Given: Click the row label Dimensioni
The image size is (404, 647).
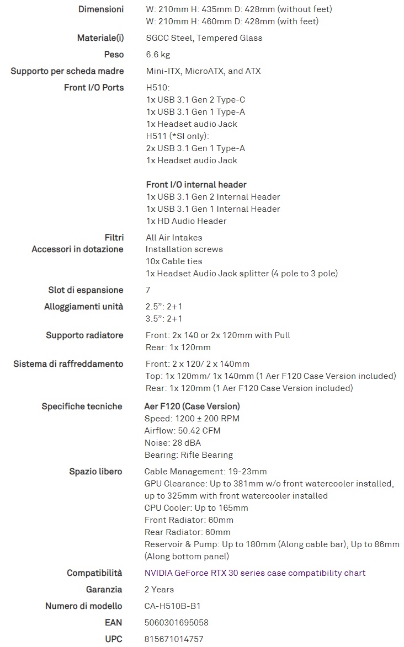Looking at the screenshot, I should click(x=101, y=9).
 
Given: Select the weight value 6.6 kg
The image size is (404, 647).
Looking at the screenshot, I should click(x=158, y=55).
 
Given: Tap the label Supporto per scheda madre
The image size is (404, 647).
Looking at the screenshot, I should click(x=67, y=71).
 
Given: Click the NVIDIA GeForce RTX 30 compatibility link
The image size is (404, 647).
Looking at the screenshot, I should click(x=254, y=573).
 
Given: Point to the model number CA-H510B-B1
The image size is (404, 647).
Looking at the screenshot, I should click(x=173, y=606).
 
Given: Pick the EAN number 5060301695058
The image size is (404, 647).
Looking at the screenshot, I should click(x=177, y=623).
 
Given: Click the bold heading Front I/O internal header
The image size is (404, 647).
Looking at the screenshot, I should click(x=196, y=185).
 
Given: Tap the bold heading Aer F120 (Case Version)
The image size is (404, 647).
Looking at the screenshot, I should click(x=192, y=407).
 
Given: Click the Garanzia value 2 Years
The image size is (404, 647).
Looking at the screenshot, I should click(x=159, y=590).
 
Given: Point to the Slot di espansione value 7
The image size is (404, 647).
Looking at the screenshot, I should click(x=147, y=290).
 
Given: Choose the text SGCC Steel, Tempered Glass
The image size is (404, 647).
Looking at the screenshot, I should click(x=204, y=38).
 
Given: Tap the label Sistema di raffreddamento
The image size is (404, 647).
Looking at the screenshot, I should click(x=68, y=364).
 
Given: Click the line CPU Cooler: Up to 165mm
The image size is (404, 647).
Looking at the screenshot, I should click(x=196, y=508).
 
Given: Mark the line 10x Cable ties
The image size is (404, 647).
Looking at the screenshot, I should click(x=174, y=261).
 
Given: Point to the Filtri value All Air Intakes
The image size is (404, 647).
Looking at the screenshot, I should click(x=174, y=238).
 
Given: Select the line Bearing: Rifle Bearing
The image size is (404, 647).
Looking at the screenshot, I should click(x=188, y=455).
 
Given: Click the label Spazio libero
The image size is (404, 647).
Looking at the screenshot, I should click(x=95, y=472).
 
